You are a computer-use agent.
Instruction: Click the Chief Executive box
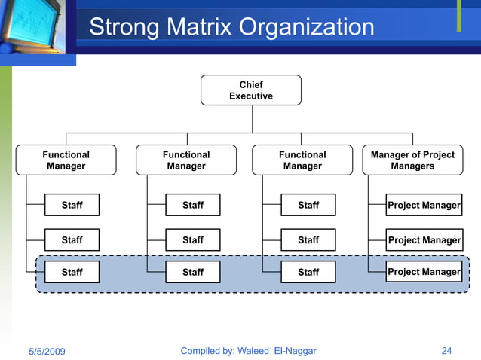pos(251,90)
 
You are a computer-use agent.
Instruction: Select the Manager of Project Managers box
pos(412,160)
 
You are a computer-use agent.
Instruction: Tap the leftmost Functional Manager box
pos(66,160)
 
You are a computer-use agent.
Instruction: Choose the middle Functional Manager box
pos(186,160)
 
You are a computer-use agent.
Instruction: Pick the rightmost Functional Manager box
pos(302,160)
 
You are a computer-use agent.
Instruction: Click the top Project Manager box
pos(423,205)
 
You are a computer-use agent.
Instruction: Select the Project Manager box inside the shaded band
pos(423,272)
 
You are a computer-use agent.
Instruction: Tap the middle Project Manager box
pos(423,240)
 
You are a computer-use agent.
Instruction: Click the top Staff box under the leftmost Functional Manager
pos(72,205)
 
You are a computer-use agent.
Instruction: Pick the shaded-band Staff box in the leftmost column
pos(72,272)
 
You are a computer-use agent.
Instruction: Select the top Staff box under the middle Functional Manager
pos(193,205)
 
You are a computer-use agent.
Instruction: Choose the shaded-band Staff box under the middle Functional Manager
pos(193,272)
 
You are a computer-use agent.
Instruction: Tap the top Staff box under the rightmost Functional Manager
pos(308,205)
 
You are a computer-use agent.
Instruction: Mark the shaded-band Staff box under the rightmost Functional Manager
pos(308,272)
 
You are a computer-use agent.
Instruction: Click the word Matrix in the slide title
pos(195,28)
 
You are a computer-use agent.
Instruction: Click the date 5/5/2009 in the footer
pos(47,352)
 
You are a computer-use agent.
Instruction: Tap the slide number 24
pos(446,351)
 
